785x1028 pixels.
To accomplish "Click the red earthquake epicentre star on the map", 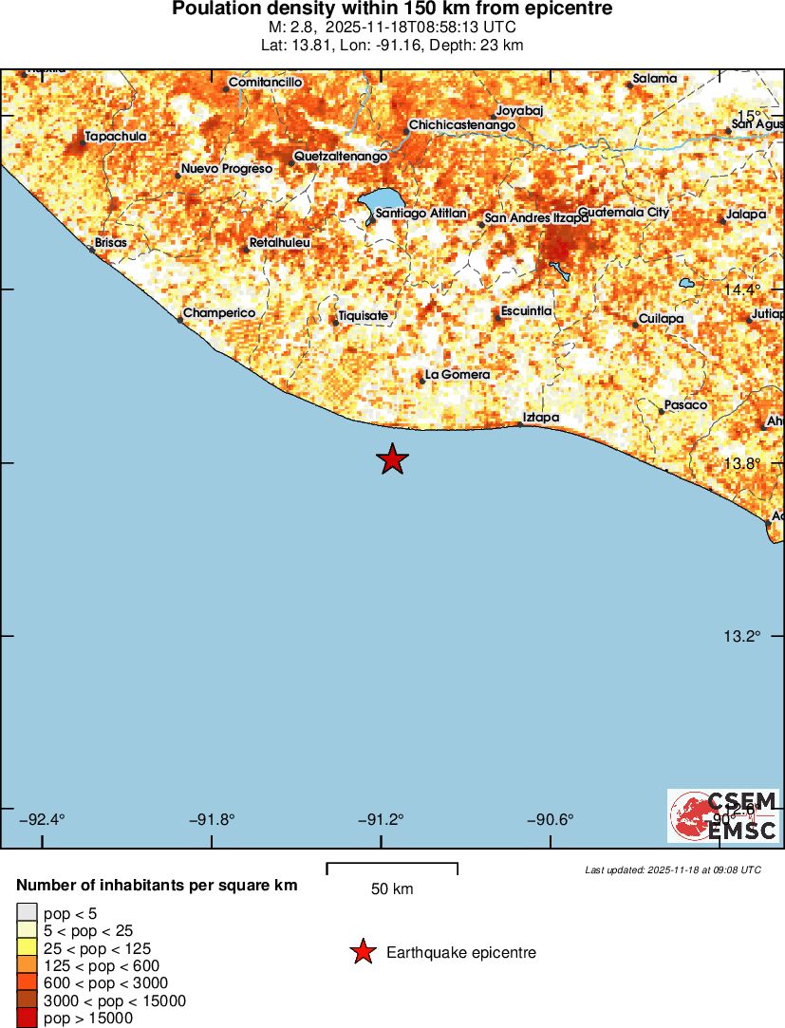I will pyautogui.click(x=392, y=459).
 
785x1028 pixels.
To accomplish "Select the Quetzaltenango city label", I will pyautogui.click(x=341, y=156).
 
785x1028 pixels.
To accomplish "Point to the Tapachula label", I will pyautogui.click(x=116, y=137).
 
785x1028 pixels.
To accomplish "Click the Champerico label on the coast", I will pyautogui.click(x=220, y=313).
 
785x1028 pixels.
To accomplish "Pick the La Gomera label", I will pyautogui.click(x=458, y=375).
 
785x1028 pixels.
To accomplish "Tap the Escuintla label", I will pyautogui.click(x=527, y=311).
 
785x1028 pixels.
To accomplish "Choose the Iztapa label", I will pyautogui.click(x=541, y=418).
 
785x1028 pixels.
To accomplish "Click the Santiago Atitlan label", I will pyautogui.click(x=421, y=214).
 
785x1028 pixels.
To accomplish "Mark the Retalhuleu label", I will pyautogui.click(x=280, y=244).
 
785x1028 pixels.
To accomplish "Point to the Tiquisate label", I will pyautogui.click(x=364, y=316).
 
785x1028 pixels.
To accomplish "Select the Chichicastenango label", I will pyautogui.click(x=462, y=125).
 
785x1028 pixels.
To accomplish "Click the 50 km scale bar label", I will pyautogui.click(x=392, y=889).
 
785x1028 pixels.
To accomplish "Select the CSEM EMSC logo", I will pyautogui.click(x=723, y=815).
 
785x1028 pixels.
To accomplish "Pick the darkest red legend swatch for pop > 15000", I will pyautogui.click(x=27, y=1019).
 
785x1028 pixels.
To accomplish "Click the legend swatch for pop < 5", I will pyautogui.click(x=27, y=913).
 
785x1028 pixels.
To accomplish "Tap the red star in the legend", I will pyautogui.click(x=363, y=952).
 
